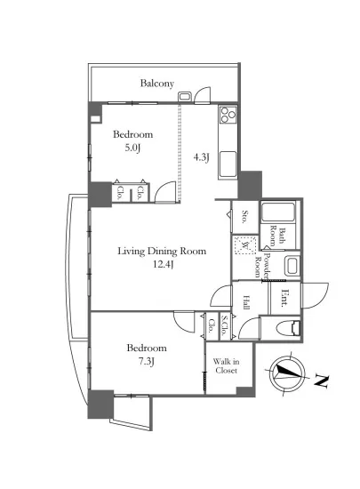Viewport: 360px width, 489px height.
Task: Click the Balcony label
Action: coord(156,84)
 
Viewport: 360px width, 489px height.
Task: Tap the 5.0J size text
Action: coord(132,148)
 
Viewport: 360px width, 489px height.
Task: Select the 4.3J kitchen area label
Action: coord(201,157)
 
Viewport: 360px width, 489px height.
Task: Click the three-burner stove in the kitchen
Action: coord(228,115)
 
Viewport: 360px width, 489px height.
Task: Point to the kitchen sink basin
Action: coord(228,164)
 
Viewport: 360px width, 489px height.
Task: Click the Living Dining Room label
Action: coord(162,252)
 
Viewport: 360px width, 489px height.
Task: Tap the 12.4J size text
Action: coord(163,264)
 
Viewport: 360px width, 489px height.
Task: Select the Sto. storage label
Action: coord(245,217)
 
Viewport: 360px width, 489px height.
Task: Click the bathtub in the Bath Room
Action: coord(278,212)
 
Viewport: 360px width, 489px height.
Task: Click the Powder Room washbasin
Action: coord(292,266)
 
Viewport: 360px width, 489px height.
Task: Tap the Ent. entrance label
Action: coord(284,299)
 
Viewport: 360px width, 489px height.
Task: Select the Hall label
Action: coord(246,302)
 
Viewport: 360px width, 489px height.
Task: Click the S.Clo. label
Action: coord(224,325)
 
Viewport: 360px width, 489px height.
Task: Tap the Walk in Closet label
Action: coord(226,366)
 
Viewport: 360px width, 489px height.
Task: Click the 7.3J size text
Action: coord(147,362)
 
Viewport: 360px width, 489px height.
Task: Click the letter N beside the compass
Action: coord(322,381)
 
